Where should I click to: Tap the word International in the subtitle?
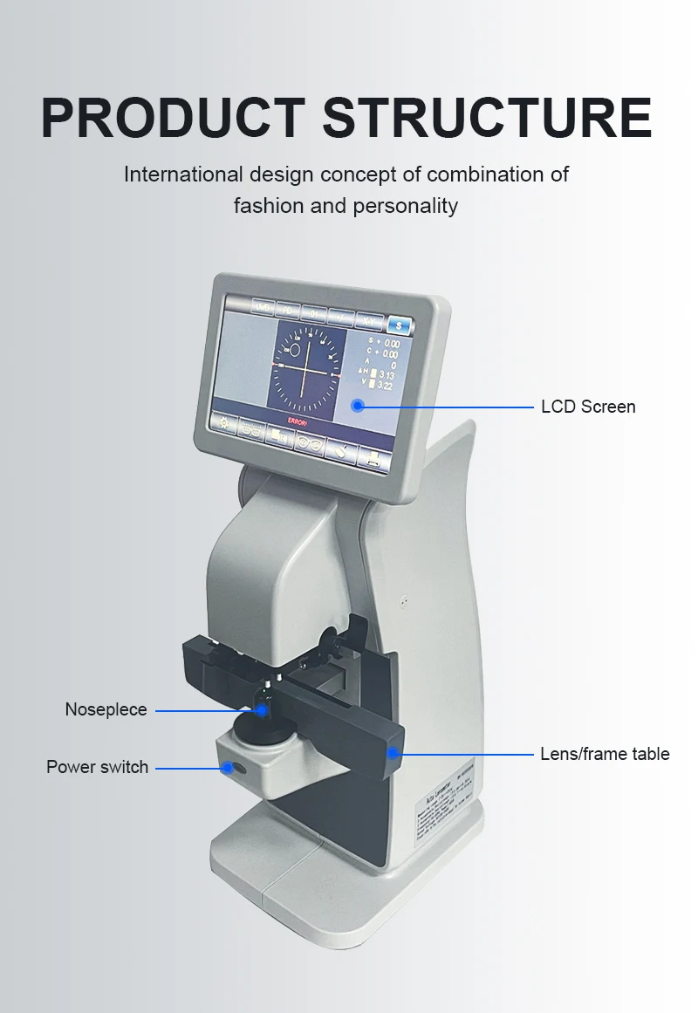tap(183, 174)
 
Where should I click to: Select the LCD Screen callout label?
tap(588, 407)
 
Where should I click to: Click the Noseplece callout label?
tap(106, 709)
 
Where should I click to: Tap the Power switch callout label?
tap(97, 767)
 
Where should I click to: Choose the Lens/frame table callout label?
tap(605, 753)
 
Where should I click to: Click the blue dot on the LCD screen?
tap(357, 405)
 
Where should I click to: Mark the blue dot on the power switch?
tap(229, 768)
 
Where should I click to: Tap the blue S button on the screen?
tap(400, 325)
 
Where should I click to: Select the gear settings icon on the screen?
tap(225, 424)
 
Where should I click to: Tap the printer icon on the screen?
tap(373, 459)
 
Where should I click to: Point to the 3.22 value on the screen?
tap(385, 386)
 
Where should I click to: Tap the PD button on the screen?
tap(288, 310)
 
